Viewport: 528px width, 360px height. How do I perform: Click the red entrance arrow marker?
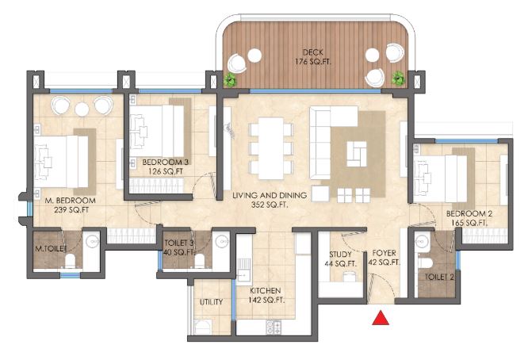click(x=381, y=318)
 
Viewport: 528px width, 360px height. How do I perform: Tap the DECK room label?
click(x=313, y=52)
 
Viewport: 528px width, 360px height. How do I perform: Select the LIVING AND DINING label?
click(x=270, y=195)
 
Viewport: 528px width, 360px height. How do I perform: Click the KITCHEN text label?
click(x=266, y=291)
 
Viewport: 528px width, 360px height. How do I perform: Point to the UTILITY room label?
click(x=211, y=302)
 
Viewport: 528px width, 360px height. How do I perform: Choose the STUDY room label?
click(x=340, y=255)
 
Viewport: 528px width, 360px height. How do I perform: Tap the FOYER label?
click(x=384, y=253)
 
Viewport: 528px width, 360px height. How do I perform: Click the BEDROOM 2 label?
click(x=469, y=213)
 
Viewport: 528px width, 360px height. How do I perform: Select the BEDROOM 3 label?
click(x=166, y=163)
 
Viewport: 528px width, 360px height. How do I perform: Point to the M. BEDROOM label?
click(x=71, y=201)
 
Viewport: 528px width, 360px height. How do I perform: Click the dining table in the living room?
click(x=270, y=148)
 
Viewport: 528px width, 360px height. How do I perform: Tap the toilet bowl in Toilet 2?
click(x=424, y=262)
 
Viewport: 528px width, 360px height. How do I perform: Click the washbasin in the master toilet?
click(x=92, y=241)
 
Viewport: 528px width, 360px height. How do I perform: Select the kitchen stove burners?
click(x=274, y=327)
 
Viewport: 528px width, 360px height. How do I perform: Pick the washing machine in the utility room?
click(x=203, y=327)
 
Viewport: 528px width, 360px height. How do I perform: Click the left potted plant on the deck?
click(x=231, y=80)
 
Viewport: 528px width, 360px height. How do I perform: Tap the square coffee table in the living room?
click(x=357, y=154)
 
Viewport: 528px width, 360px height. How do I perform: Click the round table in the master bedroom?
click(x=82, y=109)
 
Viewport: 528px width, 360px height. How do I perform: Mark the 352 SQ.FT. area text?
click(x=270, y=205)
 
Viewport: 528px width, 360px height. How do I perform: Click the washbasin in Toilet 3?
click(x=221, y=242)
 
